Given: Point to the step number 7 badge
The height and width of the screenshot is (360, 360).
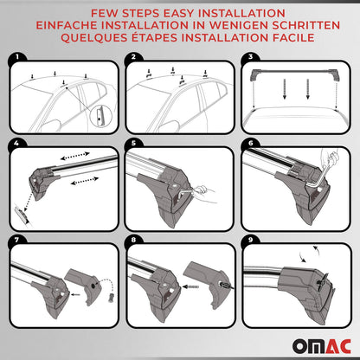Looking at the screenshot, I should coord(15,235).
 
